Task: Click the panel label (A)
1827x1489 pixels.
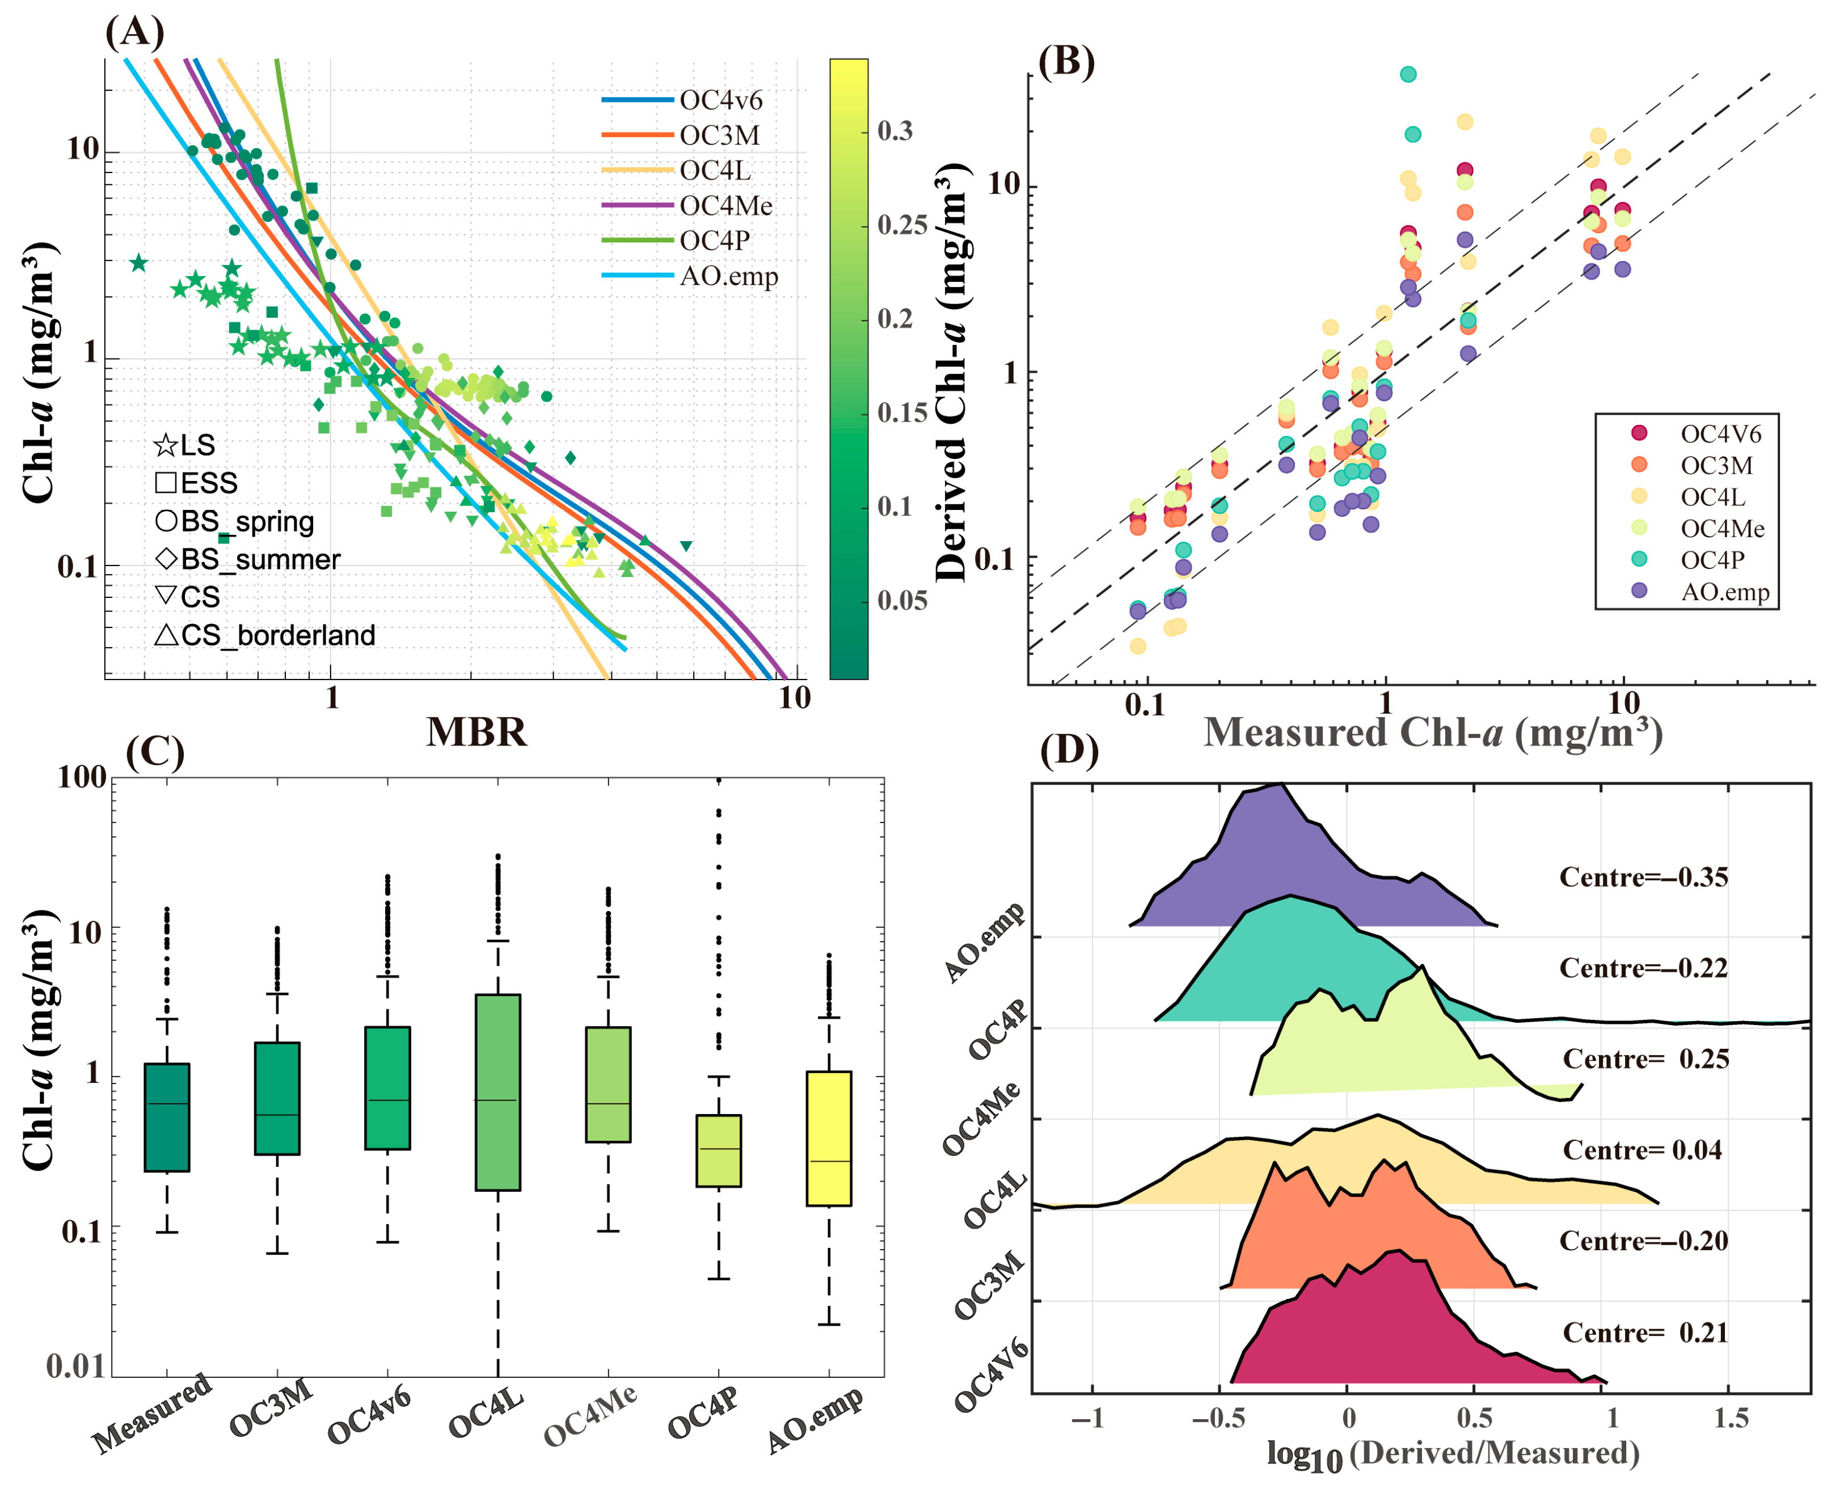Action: pyautogui.click(x=134, y=32)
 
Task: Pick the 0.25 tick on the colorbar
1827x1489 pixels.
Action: pyautogui.click(x=901, y=226)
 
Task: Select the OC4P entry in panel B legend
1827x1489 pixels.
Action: pyautogui.click(x=1711, y=559)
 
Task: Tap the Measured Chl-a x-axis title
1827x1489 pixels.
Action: pyautogui.click(x=1432, y=733)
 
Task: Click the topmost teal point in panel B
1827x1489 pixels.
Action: pyautogui.click(x=1408, y=75)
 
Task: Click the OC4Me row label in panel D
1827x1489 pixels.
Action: pyautogui.click(x=982, y=1119)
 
